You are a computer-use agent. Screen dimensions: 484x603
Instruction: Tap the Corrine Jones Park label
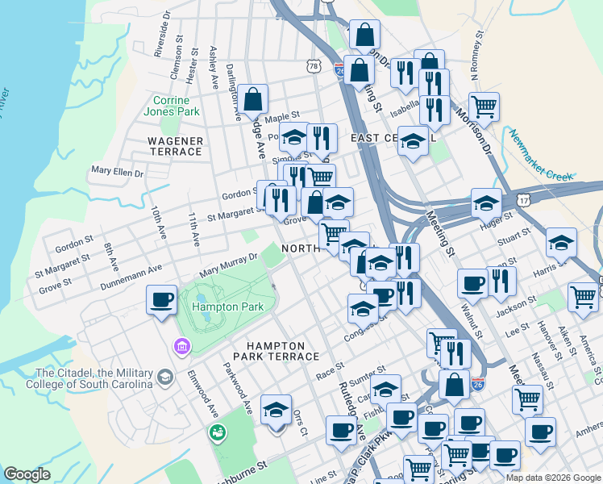(x=176, y=106)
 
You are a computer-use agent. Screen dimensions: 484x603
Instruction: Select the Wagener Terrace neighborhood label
(x=175, y=146)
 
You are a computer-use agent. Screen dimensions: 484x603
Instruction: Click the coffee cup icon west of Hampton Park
(x=161, y=300)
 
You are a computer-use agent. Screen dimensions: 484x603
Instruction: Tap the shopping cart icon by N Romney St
(x=484, y=106)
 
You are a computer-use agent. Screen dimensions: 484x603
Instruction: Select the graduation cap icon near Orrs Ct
(x=277, y=410)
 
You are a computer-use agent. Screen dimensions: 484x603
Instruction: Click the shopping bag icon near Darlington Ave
(x=253, y=100)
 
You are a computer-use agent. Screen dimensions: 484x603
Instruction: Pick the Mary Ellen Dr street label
(x=117, y=171)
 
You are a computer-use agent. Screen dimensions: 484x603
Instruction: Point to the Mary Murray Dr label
(x=228, y=264)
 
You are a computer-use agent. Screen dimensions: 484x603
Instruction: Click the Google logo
(x=27, y=474)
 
